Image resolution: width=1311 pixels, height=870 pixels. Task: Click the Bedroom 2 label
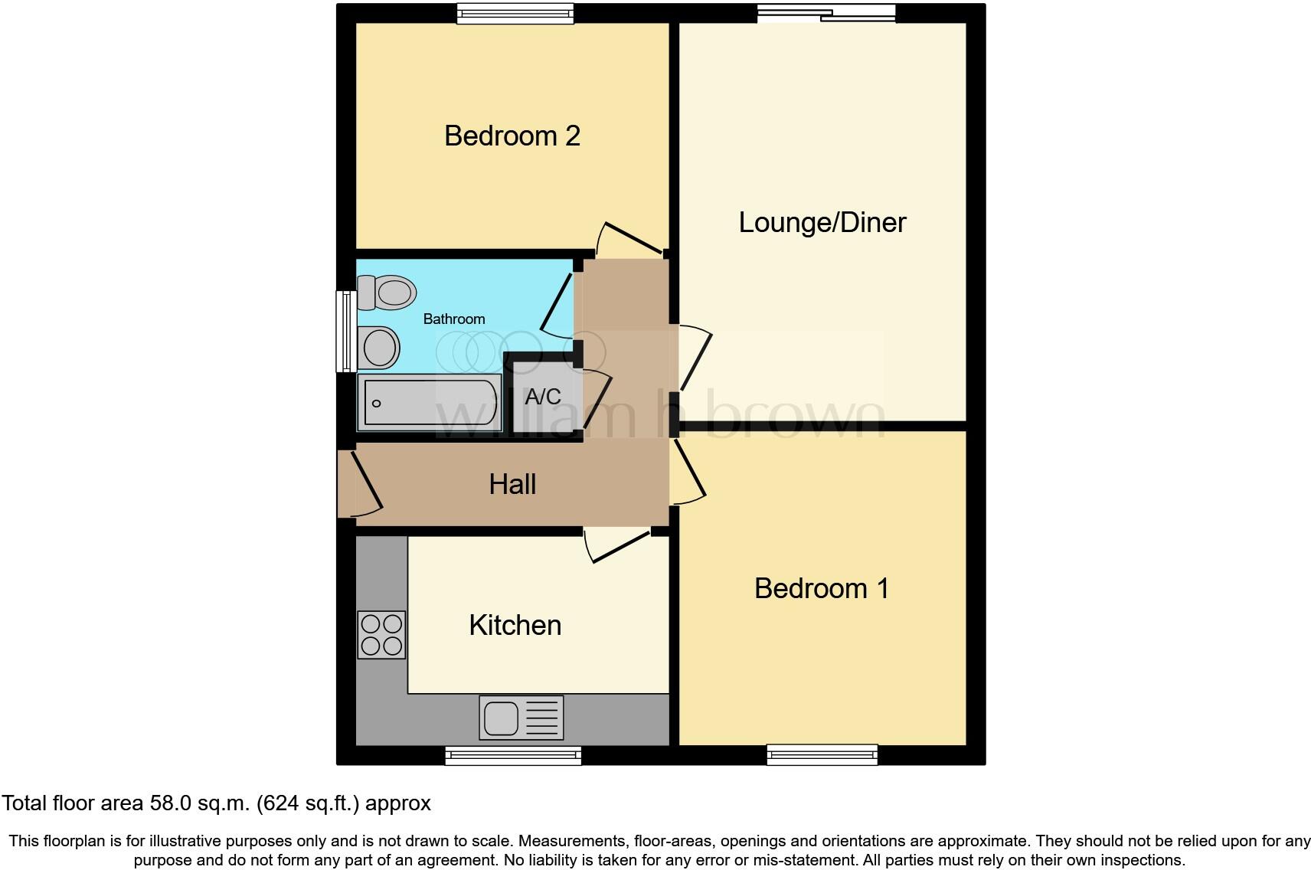(512, 136)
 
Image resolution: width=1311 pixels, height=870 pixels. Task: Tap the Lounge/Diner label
(822, 223)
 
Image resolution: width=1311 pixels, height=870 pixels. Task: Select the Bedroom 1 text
(821, 588)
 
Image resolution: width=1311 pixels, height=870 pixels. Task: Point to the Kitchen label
(515, 626)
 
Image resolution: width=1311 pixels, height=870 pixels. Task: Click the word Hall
(512, 484)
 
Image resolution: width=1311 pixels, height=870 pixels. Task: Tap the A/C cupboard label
(542, 397)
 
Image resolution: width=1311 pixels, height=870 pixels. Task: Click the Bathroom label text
(454, 319)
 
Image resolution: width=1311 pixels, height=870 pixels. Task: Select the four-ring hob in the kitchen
(381, 635)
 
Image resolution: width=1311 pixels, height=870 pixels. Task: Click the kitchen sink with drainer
(521, 718)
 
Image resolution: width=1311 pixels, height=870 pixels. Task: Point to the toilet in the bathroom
(387, 293)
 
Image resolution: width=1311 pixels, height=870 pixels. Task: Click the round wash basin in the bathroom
(379, 348)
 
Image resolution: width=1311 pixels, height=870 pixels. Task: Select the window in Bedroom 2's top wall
(515, 13)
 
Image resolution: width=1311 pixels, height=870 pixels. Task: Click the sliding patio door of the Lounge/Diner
(826, 13)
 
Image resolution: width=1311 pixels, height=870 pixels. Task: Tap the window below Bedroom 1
(822, 755)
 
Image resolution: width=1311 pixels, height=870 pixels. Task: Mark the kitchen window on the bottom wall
(513, 755)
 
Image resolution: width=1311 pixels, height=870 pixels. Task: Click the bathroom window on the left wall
(347, 331)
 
